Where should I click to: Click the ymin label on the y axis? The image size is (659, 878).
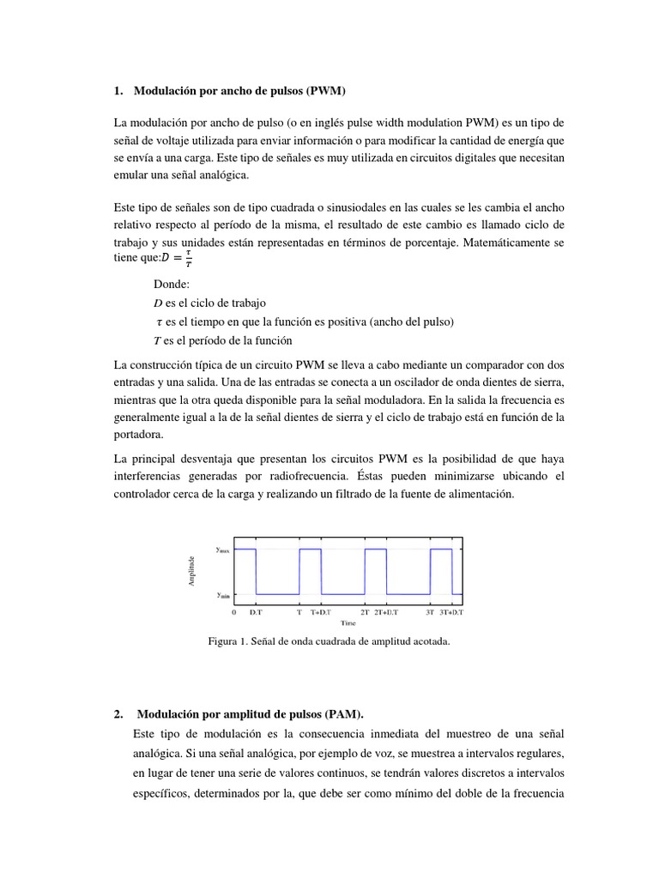pos(221,594)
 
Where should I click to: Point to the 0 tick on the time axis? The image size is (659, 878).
pos(234,612)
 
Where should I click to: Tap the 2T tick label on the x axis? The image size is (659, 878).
pos(365,612)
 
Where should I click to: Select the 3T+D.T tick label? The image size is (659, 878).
pos(450,612)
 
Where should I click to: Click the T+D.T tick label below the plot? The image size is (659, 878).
pos(323,612)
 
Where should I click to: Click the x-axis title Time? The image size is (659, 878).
pos(348,623)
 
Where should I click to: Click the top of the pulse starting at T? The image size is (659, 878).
pos(310,549)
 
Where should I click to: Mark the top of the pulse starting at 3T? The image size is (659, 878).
pos(440,549)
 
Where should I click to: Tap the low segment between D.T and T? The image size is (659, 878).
pos(277,594)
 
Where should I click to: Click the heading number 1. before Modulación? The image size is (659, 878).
pos(118,90)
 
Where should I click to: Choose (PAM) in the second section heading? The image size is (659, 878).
pos(344,713)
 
